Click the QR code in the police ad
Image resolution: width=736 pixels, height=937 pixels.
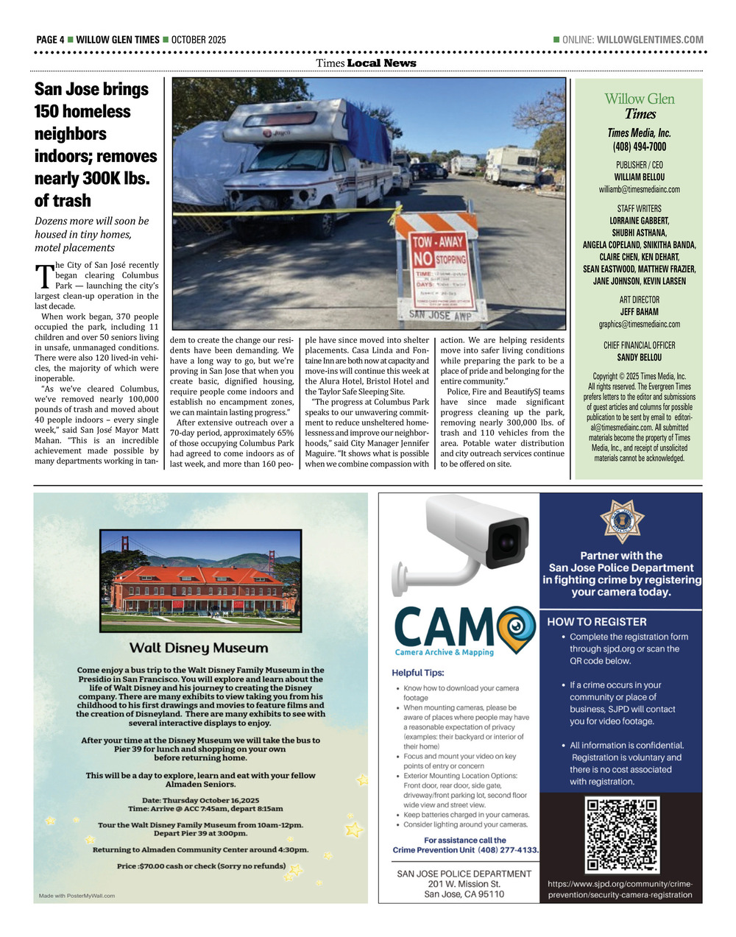click(621, 835)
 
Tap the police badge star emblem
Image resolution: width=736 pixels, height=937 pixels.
click(622, 521)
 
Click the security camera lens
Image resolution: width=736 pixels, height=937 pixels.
click(506, 542)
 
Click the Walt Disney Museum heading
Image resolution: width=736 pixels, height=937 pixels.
click(199, 648)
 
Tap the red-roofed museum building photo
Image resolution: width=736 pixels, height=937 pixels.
click(200, 581)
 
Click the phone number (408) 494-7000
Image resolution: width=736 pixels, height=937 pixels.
click(639, 146)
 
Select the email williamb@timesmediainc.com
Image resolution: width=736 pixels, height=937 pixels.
click(639, 189)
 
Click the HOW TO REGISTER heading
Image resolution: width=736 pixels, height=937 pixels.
click(597, 621)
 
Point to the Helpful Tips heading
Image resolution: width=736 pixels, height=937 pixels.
click(418, 672)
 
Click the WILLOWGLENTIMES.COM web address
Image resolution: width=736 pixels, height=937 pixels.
click(650, 40)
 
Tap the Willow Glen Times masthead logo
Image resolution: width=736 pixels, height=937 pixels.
click(639, 106)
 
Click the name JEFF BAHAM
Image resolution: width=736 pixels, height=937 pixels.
click(639, 312)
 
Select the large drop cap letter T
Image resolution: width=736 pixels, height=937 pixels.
click(43, 276)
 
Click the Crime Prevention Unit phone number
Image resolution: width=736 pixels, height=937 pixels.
click(509, 850)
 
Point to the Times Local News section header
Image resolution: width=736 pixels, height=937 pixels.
click(366, 63)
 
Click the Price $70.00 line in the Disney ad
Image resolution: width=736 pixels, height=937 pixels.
click(201, 866)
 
